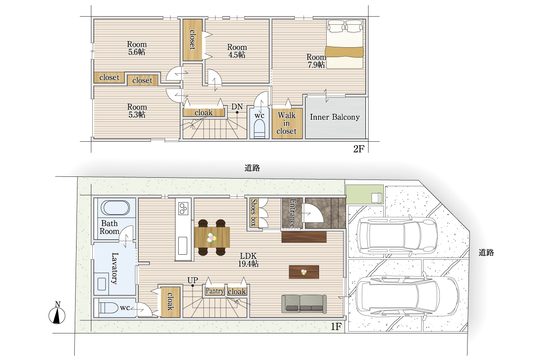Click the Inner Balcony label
point(335,117)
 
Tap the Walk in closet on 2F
point(287,123)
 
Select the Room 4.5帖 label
point(237,51)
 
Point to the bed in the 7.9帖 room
point(345,45)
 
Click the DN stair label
point(237,107)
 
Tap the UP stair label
point(193,280)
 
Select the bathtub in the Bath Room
point(115,207)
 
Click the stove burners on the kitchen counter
point(183,208)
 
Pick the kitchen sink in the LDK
point(183,245)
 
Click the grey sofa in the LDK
point(304,304)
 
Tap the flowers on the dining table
point(211,238)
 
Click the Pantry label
point(215,291)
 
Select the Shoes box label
point(253,213)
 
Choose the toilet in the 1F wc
point(106,308)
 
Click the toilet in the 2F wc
point(259,130)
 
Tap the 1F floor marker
point(336,327)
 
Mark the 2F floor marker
point(359,149)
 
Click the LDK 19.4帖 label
point(248,260)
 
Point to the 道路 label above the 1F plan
point(252,168)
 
